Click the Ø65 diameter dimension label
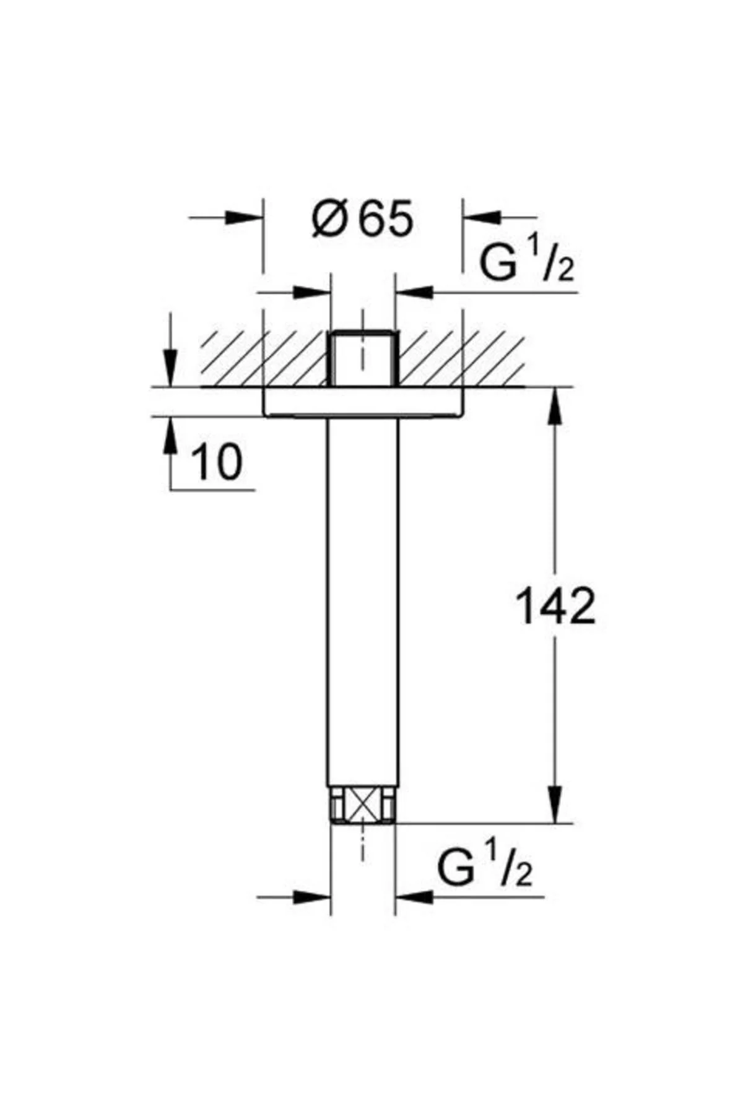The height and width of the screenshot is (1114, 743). tap(362, 219)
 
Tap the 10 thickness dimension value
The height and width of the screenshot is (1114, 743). tap(217, 462)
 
